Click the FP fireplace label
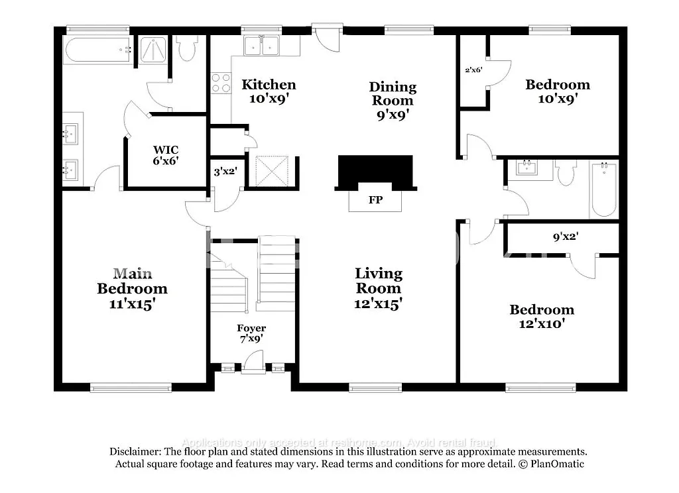pos(375,199)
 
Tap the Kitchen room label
pos(269,84)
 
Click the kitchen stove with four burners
pos(221,82)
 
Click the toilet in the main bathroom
pos(187,48)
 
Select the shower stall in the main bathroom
pos(154,50)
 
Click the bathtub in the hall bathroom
pos(603,189)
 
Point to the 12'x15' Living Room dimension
pos(378,303)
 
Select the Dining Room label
pos(393,93)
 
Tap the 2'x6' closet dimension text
pos(473,69)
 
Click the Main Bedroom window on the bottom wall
pos(131,388)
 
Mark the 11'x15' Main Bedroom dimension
pos(132,303)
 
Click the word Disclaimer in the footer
pos(135,451)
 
